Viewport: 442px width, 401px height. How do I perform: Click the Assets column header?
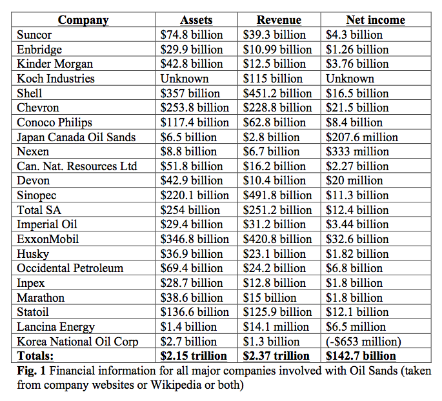pyautogui.click(x=196, y=20)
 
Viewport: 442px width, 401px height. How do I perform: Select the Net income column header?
pyautogui.click(x=376, y=20)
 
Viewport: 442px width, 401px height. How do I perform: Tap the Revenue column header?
pyautogui.click(x=279, y=20)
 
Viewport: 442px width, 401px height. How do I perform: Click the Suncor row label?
pyautogui.click(x=34, y=35)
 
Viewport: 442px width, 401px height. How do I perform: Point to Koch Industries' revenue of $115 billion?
pyautogui.click(x=272, y=79)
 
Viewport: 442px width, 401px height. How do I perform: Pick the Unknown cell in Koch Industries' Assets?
pyautogui.click(x=185, y=79)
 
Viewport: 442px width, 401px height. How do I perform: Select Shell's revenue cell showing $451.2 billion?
pyautogui.click(x=277, y=93)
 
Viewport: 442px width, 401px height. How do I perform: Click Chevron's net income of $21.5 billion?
pyautogui.click(x=357, y=108)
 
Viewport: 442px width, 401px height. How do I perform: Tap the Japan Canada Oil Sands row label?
pyautogui.click(x=76, y=137)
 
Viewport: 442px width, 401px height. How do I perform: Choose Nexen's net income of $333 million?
pyautogui.click(x=357, y=152)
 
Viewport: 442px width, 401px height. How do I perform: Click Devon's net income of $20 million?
pyautogui.click(x=354, y=181)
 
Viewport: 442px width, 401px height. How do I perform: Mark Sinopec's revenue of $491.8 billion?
pyautogui.click(x=277, y=195)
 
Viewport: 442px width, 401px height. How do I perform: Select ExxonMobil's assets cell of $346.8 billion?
pyautogui.click(x=194, y=239)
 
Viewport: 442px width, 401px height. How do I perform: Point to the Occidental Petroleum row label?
pyautogui.click(x=70, y=268)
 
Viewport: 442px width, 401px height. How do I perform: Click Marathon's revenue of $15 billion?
pyautogui.click(x=270, y=298)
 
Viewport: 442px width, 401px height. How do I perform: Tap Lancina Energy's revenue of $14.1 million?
pyautogui.click(x=276, y=327)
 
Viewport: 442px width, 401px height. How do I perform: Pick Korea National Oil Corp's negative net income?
pyautogui.click(x=363, y=342)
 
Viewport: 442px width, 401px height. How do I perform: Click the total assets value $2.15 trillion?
pyautogui.click(x=194, y=356)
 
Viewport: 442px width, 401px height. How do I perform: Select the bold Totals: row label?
pyautogui.click(x=35, y=356)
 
